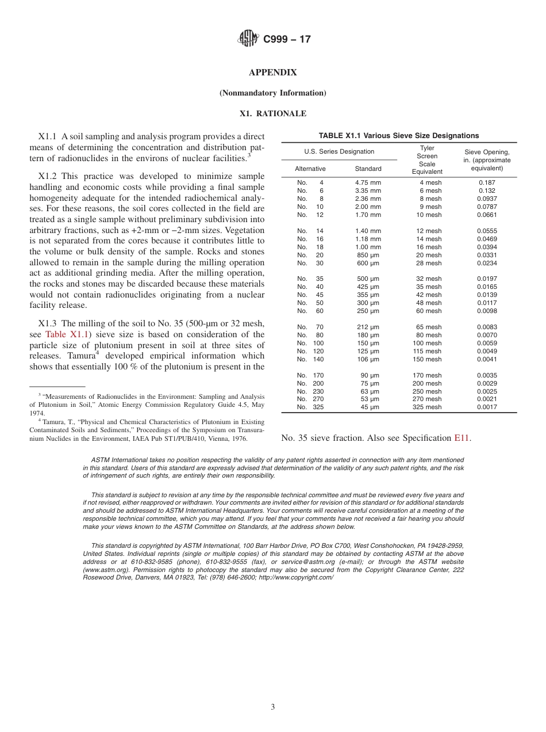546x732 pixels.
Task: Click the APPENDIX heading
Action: coord(272,73)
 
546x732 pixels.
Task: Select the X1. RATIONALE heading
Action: coord(272,113)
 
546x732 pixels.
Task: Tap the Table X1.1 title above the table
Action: coord(398,136)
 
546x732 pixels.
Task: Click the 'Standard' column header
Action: coord(368,169)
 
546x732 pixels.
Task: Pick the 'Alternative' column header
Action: coord(310,169)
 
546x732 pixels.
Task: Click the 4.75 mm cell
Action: coord(368,182)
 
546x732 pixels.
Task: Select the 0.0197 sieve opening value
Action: coord(487,279)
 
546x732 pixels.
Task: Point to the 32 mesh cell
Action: coord(429,279)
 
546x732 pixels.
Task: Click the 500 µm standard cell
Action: coord(368,279)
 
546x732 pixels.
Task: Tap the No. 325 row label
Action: coord(310,407)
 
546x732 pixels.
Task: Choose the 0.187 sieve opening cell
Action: coord(487,182)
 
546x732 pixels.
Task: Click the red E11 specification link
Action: coord(462,438)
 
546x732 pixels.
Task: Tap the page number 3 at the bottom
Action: coord(272,707)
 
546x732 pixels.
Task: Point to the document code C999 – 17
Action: coord(287,40)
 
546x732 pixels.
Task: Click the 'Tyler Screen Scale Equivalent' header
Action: coord(427,159)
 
